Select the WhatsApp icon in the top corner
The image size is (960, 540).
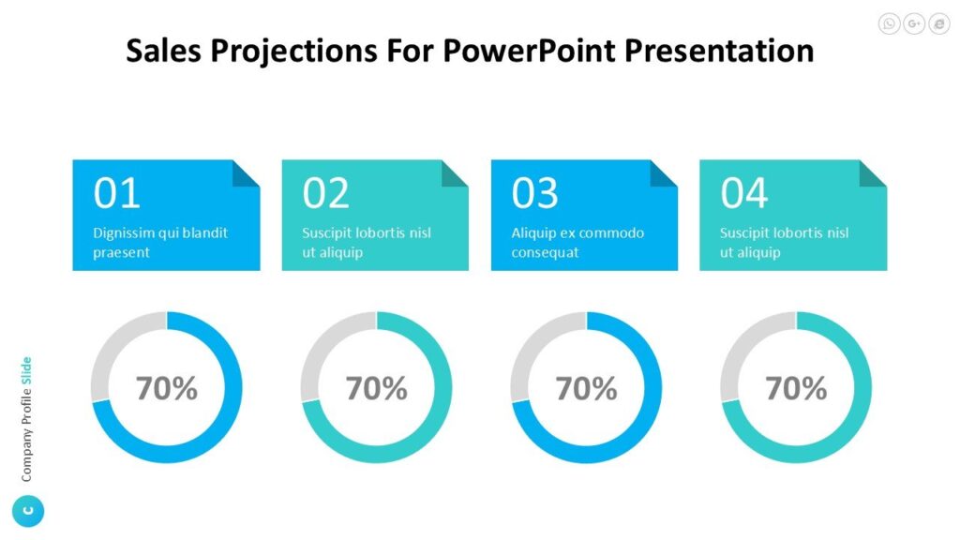[889, 24]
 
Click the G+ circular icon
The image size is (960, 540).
[914, 24]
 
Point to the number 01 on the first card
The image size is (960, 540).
[116, 193]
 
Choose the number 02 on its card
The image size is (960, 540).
[325, 193]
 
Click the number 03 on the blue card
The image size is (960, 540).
[534, 193]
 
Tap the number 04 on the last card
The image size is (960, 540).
[743, 193]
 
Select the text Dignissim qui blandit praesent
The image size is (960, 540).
[160, 243]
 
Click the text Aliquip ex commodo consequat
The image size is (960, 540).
[577, 243]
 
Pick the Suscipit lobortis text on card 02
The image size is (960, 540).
[367, 243]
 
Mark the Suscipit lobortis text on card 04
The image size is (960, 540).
[784, 243]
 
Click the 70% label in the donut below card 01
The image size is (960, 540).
[167, 388]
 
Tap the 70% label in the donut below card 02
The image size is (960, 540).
[377, 388]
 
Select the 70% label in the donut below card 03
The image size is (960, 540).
[587, 388]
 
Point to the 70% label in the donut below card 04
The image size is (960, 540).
[797, 388]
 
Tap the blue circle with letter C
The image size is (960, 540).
[27, 511]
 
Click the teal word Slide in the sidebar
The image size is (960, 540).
[27, 371]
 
